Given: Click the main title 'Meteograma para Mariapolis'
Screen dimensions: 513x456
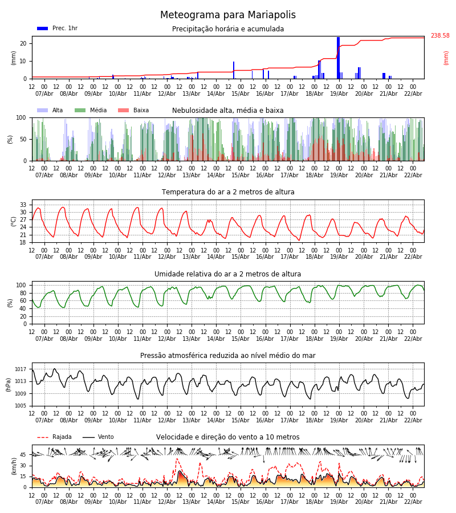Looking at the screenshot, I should coord(228,15).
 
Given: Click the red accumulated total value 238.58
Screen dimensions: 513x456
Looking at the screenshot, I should coord(439,36).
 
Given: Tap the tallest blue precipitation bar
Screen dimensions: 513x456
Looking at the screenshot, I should coord(338,57).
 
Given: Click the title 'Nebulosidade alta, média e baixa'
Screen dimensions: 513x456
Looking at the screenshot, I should coord(228,111).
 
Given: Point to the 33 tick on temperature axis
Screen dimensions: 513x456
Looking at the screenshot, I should coord(23,205).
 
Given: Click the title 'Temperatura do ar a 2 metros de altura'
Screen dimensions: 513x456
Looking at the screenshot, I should coord(228,192).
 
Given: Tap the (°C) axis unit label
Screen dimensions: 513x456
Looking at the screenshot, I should coord(14,221).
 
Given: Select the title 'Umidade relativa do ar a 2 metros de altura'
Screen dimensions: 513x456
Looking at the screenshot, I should coord(228,274).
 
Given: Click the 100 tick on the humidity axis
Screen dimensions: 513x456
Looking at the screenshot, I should coord(21,285).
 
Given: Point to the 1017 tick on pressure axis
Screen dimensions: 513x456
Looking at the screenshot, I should coord(21,369).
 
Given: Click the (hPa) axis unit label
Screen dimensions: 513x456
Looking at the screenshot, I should coord(8,384).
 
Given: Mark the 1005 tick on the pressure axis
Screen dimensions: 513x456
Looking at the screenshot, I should coord(21,406).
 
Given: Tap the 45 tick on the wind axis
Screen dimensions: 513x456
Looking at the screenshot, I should coord(23,455).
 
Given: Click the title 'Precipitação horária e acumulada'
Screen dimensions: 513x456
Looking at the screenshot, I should coord(228,29).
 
